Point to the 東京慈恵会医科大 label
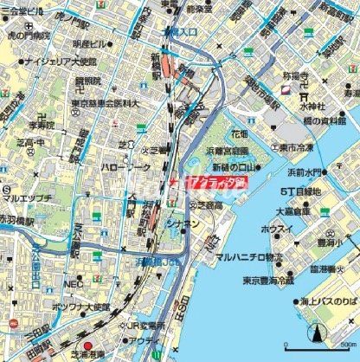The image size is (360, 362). coord(101,103)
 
